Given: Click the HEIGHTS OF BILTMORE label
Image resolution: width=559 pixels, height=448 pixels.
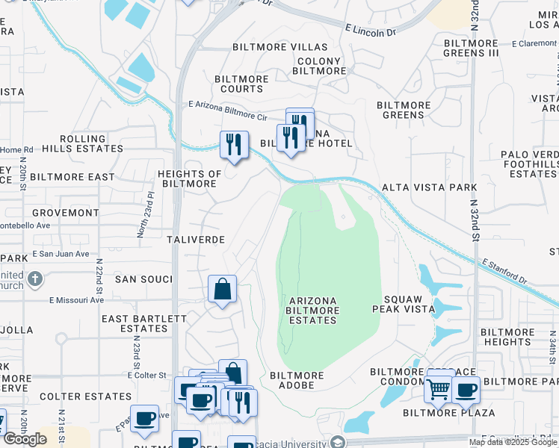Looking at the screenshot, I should coord(189,178).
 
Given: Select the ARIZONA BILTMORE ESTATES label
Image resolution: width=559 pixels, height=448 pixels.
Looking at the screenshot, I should coord(312,310).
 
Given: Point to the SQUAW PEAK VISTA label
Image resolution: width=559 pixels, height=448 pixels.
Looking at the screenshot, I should coord(408,302).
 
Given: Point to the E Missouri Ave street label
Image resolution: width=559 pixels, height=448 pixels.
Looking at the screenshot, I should coord(79,300).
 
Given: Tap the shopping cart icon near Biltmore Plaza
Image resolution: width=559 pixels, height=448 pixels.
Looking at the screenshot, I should coord(438,388).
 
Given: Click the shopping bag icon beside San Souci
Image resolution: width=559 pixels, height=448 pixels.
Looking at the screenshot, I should coord(223,290).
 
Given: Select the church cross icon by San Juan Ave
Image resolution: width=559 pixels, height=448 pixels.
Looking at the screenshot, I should coord(34,279).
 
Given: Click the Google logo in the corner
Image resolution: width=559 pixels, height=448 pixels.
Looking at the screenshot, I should coord(25,438).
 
